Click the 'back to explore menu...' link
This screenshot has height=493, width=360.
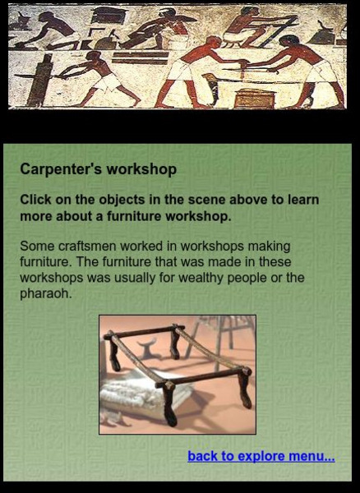coord(261,456)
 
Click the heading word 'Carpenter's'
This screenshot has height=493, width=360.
coord(60,169)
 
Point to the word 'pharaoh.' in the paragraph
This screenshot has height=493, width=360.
coord(46,293)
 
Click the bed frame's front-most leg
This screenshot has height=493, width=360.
coord(168,403)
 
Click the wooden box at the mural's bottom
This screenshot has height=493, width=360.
coord(250,98)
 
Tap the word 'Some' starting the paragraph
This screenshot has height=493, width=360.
coord(35,246)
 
